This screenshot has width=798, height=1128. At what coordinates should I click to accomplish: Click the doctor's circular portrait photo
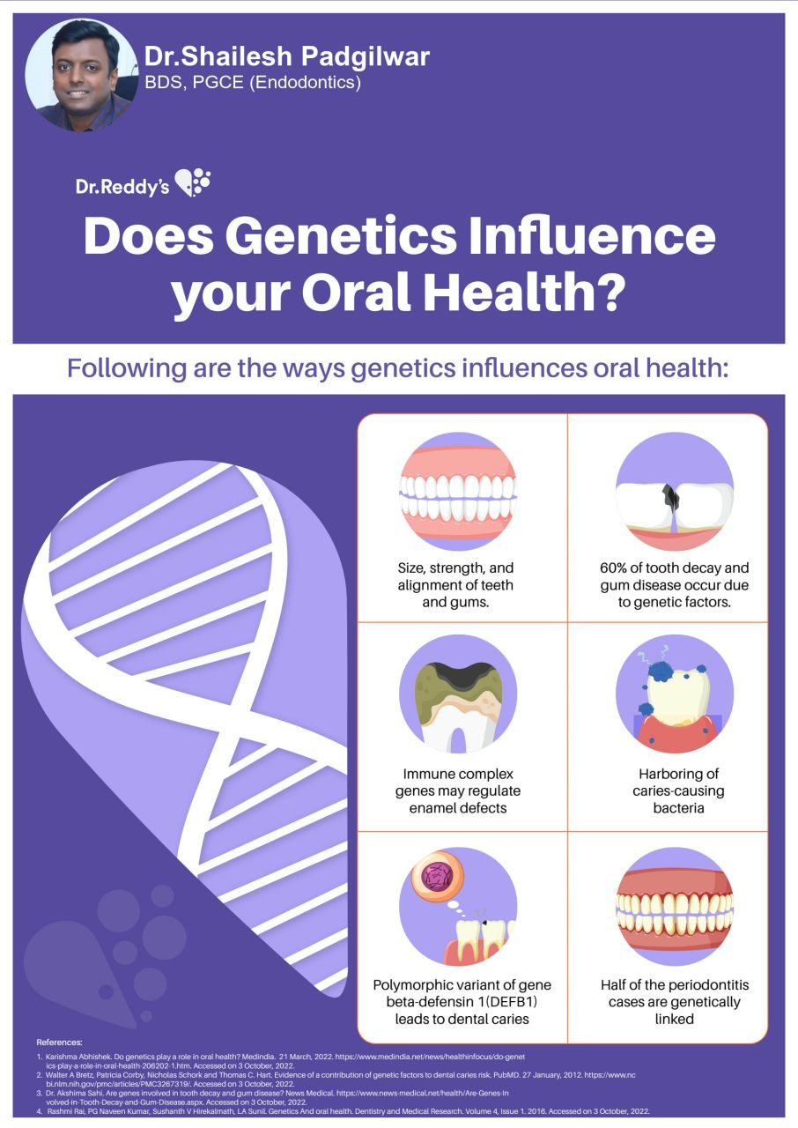coord(82,76)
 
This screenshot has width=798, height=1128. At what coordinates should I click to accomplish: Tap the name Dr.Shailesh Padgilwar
coord(287,56)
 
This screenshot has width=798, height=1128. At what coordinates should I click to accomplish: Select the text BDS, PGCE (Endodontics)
coord(253,82)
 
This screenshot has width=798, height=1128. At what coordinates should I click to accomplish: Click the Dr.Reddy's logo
coord(143,183)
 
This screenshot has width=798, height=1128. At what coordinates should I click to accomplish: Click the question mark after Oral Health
coord(610,291)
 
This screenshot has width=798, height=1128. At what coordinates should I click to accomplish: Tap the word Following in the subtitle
coord(127,368)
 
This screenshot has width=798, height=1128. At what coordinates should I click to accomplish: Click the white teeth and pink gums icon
coord(458,491)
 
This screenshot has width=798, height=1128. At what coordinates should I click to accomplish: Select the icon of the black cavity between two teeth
coord(674,491)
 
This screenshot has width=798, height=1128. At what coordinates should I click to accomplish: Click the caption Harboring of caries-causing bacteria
coord(678,790)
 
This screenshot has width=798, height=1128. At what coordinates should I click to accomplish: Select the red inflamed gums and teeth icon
coord(674,907)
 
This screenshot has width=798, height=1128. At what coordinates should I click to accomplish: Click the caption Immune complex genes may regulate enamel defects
coord(458,790)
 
